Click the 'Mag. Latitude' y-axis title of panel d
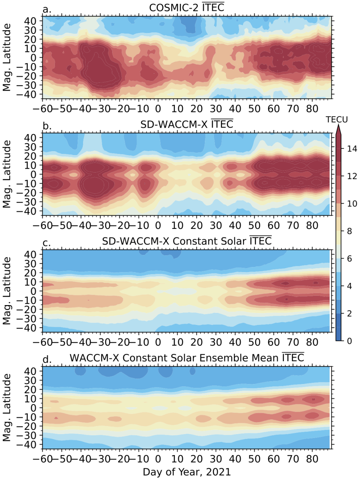click(7, 407)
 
